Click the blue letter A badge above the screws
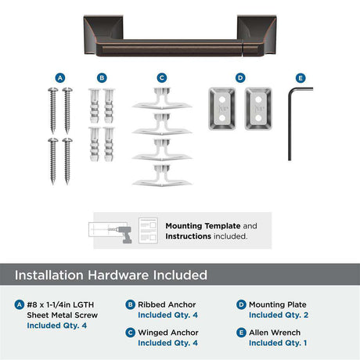click(x=60, y=77)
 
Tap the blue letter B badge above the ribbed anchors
click(x=102, y=77)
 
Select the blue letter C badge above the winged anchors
click(x=162, y=77)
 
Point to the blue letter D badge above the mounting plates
click(x=240, y=77)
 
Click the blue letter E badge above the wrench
click(x=301, y=78)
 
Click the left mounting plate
click(x=222, y=109)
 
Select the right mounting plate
click(x=258, y=109)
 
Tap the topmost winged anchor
click(x=162, y=99)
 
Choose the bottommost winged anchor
click(x=162, y=176)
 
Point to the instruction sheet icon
click(x=148, y=231)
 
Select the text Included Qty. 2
click(x=279, y=315)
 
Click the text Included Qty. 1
click(x=278, y=343)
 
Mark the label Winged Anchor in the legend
click(x=168, y=333)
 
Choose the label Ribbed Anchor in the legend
click(x=167, y=304)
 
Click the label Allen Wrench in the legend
click(x=275, y=333)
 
